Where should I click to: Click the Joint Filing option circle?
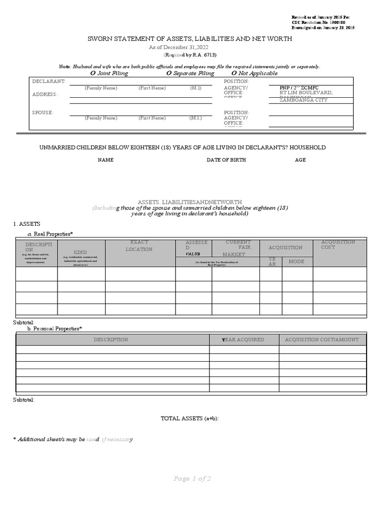click(93, 73)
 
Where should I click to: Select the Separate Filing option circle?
click(169, 73)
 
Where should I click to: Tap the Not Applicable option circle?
click(234, 73)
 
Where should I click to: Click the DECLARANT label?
click(49, 81)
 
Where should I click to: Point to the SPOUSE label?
click(42, 113)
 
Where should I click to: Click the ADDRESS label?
click(45, 94)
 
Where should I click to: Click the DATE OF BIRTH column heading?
click(226, 160)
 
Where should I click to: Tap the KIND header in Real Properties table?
click(80, 252)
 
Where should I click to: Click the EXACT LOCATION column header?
click(139, 246)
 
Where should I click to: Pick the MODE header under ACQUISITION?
click(297, 261)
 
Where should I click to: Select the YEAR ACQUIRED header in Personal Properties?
click(243, 340)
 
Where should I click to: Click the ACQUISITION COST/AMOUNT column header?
click(321, 340)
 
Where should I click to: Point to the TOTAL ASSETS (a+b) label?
click(190, 419)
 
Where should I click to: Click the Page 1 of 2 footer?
click(192, 479)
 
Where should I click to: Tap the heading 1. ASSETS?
click(27, 224)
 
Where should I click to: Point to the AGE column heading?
click(301, 160)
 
